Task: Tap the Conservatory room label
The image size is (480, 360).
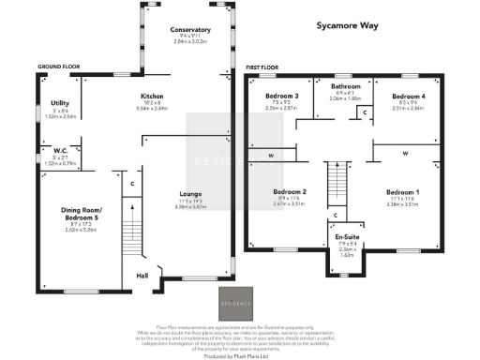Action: pos(192,30)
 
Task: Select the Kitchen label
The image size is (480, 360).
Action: pos(152,97)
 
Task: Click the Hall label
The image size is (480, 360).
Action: pos(142,276)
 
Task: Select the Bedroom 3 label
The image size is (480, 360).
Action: pos(282,97)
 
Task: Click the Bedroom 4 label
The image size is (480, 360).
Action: pos(407,97)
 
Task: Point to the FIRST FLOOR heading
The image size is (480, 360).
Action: pos(263,68)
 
